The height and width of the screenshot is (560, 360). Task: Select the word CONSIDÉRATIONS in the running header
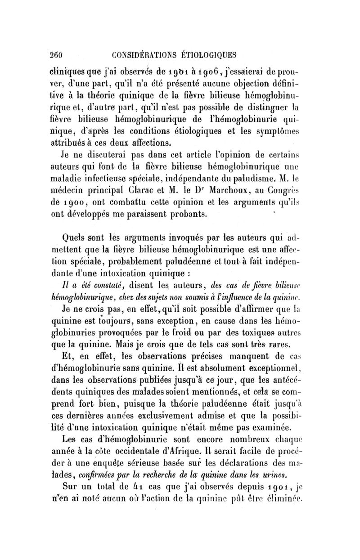click(x=136, y=55)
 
